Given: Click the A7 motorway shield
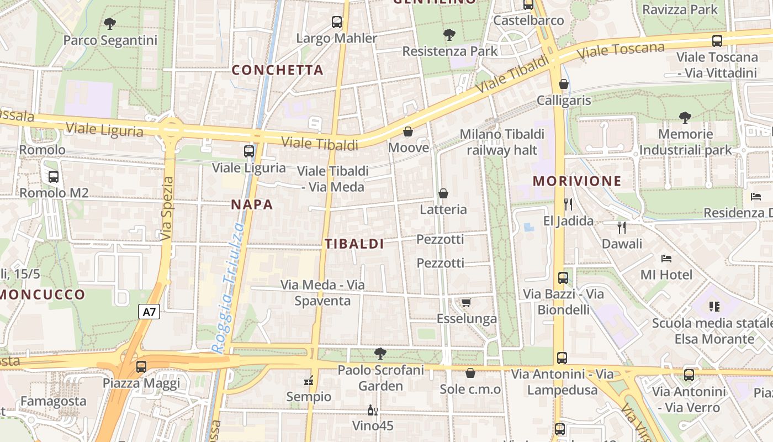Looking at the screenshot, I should pos(149,312).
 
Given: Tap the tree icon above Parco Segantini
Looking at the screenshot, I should pos(110,23).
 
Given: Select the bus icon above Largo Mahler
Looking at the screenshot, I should pos(337,22).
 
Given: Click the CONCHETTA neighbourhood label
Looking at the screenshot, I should pos(277,70).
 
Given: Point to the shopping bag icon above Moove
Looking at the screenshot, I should pos(408,131).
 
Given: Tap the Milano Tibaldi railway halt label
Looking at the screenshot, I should pos(502,142).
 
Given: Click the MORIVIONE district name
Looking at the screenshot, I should pos(577,181).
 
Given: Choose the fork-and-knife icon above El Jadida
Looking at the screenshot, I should pos(568,204).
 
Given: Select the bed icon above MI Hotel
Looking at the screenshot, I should pos(666,258).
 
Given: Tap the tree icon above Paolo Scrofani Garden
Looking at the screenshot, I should pos(380,354).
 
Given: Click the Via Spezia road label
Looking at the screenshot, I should pos(167,208).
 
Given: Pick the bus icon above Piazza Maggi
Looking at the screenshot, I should pos(141,366).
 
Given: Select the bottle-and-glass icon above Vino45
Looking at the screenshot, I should pos(373,410).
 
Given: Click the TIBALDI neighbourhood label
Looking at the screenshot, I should pos(354,244).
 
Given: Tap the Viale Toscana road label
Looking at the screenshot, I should pos(621,51).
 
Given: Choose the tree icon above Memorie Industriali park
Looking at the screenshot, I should pos(685,117).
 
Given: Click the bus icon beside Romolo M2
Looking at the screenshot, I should pos(54,177).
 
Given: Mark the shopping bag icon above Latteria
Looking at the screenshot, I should pos(443,193).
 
